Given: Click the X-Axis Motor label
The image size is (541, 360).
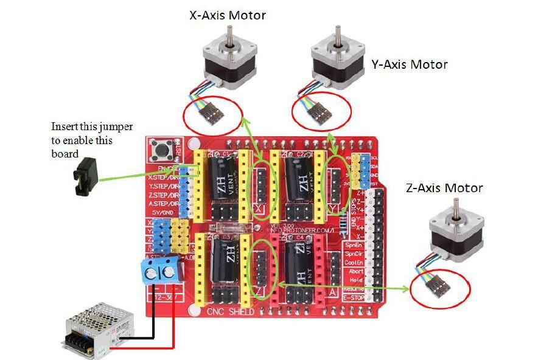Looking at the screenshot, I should [x=228, y=15].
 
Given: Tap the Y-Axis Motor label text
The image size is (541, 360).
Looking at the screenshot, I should [x=409, y=64].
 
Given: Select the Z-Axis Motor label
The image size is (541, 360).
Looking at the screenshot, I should [x=444, y=187].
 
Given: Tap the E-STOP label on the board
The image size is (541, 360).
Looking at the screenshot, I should [x=354, y=298].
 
